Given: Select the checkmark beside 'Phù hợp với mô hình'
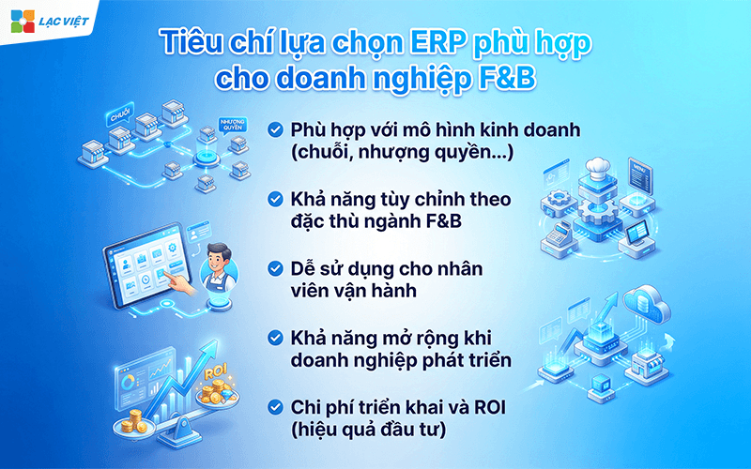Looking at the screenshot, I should pos(275,129).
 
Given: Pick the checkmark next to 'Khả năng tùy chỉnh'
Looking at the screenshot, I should pos(275,199).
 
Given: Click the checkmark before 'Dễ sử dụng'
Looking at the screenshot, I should pos(275,268).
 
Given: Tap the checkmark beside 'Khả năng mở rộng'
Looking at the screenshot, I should pos(275,337).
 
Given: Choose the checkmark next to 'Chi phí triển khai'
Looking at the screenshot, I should pos(275,406).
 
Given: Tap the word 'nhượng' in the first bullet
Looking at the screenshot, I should pos(403,152).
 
